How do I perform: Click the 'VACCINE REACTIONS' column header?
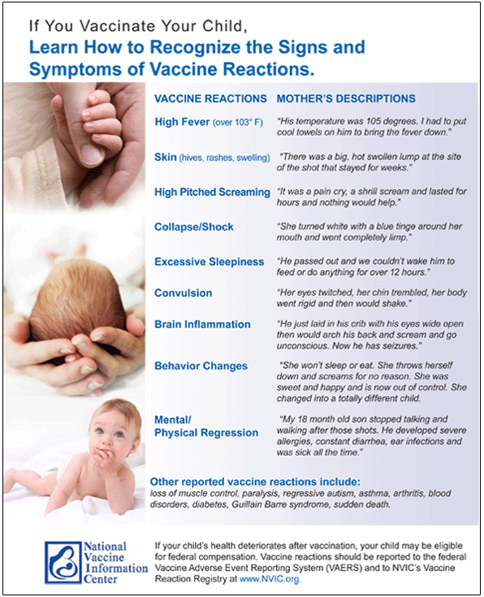click(x=210, y=98)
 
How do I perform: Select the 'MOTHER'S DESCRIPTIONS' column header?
click(x=346, y=98)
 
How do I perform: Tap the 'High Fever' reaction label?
click(x=182, y=122)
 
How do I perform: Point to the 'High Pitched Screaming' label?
click(x=212, y=192)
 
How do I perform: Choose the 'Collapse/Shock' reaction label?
click(x=194, y=227)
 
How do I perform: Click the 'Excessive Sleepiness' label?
click(x=209, y=262)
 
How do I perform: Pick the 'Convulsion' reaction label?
click(x=184, y=293)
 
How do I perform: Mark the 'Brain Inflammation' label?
click(x=202, y=324)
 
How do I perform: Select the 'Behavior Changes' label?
click(x=201, y=366)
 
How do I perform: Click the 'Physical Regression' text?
click(x=206, y=433)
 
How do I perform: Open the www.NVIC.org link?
click(x=270, y=579)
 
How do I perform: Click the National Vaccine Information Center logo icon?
click(x=63, y=563)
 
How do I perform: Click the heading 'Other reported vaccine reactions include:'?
click(x=255, y=482)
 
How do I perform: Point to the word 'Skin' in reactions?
click(x=166, y=157)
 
